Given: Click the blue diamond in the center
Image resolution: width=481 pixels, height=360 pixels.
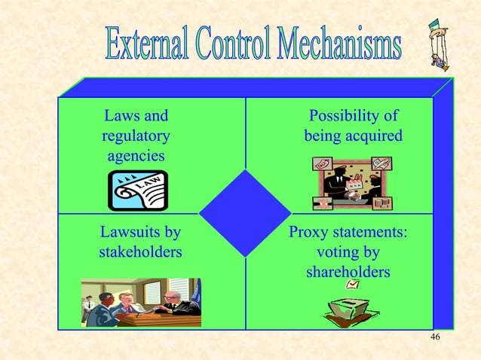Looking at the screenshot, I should point(245,213).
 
